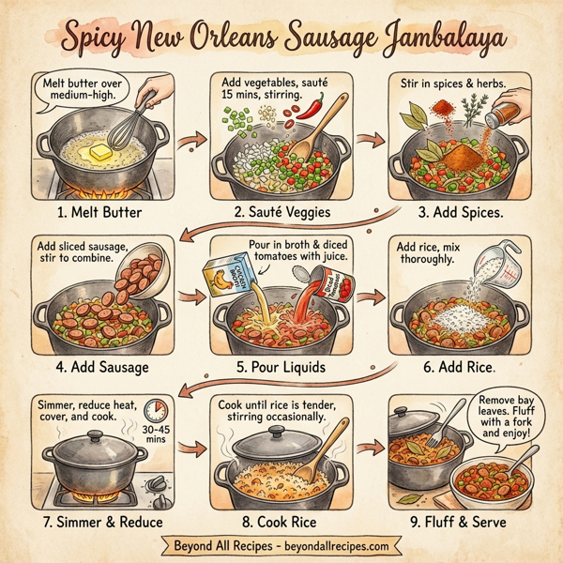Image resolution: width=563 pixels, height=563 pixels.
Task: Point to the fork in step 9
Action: click(438, 430)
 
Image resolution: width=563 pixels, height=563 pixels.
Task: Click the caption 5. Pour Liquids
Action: click(281, 366)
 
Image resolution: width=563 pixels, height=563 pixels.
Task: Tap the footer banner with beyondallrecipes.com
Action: click(281, 545)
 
